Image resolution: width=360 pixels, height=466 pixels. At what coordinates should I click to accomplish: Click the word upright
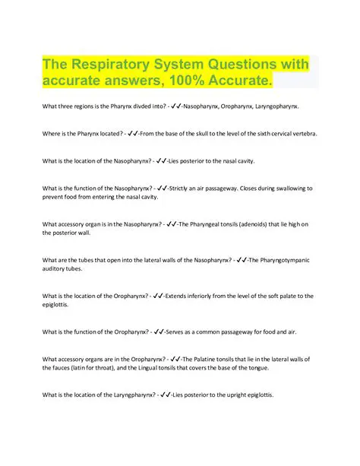click(234, 395)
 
